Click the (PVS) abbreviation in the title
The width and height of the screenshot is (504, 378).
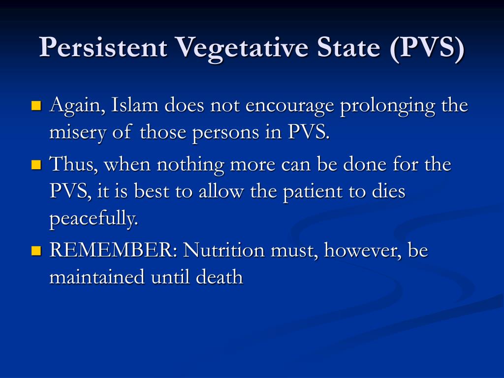(x=428, y=48)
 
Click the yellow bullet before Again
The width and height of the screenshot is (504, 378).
(x=36, y=106)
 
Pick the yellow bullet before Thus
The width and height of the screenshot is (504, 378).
(x=36, y=164)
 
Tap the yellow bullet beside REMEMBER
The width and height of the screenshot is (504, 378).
(x=36, y=251)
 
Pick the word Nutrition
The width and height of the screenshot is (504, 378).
(x=224, y=251)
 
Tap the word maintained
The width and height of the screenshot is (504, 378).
(x=97, y=278)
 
